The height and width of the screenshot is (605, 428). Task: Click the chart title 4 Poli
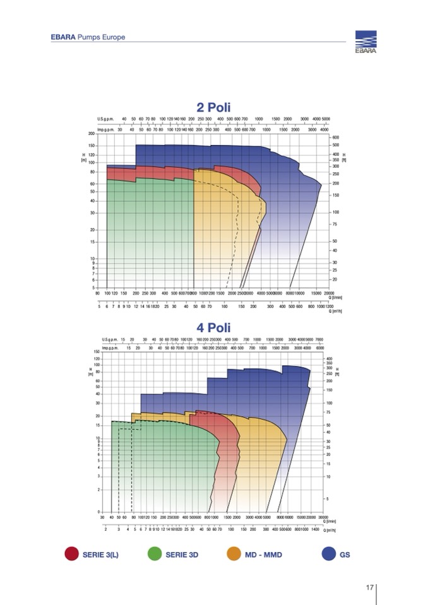[213, 328]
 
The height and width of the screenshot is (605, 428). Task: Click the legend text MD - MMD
[264, 555]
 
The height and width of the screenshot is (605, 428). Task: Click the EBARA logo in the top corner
[365, 43]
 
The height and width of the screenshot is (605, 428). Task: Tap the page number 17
[371, 588]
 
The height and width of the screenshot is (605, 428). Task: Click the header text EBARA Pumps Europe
[88, 37]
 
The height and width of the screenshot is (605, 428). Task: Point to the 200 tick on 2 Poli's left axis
[92, 134]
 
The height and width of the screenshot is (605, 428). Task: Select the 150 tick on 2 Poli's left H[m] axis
[92, 146]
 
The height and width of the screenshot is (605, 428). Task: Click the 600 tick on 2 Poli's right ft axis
[336, 138]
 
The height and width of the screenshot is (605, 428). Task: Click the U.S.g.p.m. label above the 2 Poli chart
[105, 119]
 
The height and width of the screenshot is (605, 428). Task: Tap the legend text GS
[345, 555]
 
